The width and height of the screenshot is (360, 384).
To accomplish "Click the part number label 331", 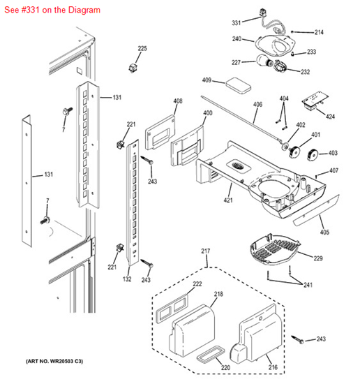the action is [x=237, y=23].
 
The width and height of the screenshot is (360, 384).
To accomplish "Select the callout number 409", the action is [x=207, y=80].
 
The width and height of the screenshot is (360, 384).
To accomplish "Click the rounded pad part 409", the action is [x=239, y=85].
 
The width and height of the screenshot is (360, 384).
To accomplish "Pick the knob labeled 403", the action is [x=313, y=154].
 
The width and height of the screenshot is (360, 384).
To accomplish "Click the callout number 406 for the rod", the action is [x=257, y=105].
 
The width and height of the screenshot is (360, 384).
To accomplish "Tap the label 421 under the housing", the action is [x=228, y=200].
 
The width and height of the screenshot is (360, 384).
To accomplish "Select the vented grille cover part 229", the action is [x=275, y=249].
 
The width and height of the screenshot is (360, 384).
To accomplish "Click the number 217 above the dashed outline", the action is [x=206, y=251].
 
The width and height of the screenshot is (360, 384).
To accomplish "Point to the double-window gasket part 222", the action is [x=172, y=309].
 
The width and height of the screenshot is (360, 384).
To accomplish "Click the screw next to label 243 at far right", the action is [x=298, y=339].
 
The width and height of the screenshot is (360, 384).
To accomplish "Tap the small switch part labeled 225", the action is [x=133, y=68].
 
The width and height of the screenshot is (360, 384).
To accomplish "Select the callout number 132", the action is [x=127, y=279].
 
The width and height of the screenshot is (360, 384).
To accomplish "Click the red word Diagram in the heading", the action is [x=84, y=10].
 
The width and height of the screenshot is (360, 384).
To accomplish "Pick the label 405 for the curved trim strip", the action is [x=324, y=232].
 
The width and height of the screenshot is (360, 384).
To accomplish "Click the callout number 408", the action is [x=178, y=101].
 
